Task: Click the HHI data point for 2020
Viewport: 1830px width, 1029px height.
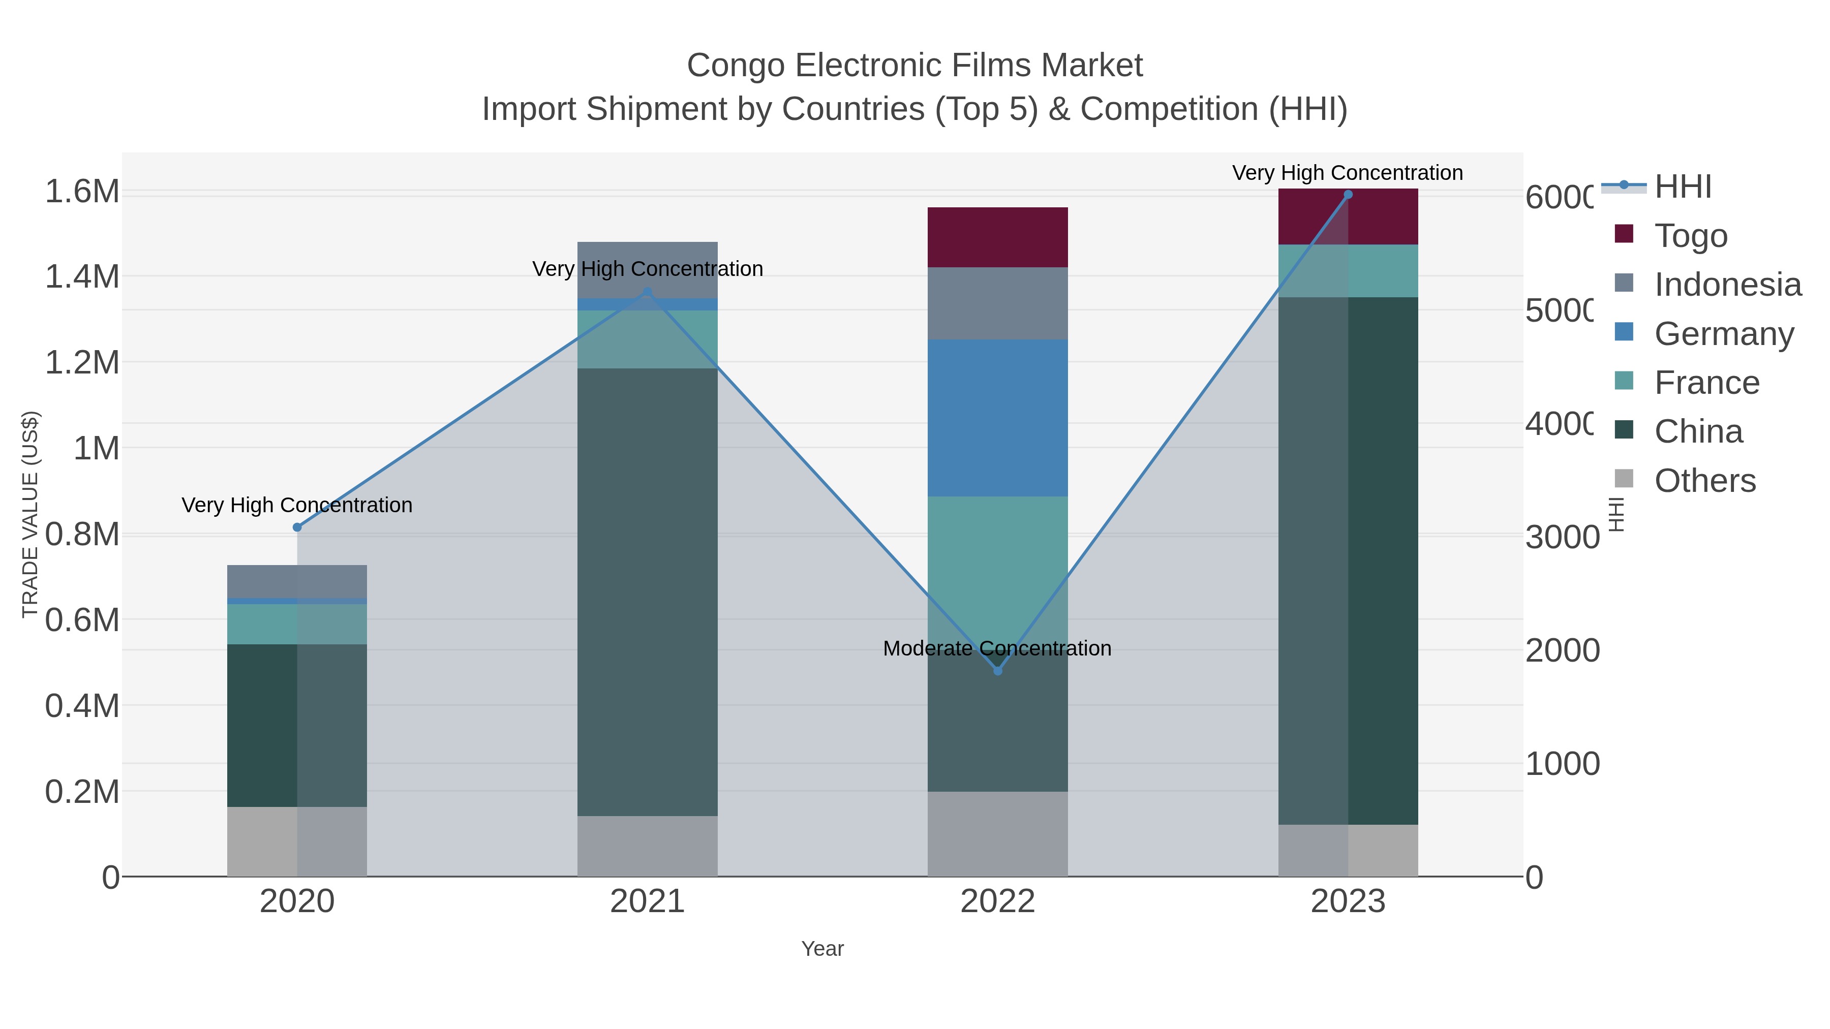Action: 297,527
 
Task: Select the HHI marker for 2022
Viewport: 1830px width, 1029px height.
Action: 997,670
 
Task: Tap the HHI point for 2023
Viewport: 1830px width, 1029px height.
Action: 1348,195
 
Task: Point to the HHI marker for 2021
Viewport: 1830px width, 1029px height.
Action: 647,292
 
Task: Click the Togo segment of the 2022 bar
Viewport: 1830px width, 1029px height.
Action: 997,237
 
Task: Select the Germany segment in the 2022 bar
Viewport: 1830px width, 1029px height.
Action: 997,418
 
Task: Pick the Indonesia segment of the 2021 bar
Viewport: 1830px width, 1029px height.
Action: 647,270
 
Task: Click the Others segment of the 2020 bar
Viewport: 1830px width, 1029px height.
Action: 297,841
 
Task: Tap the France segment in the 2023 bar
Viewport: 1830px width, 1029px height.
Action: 1348,270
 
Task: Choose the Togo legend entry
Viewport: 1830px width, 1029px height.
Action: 1690,236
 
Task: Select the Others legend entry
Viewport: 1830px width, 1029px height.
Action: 1704,481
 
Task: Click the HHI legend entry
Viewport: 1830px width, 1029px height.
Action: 1682,187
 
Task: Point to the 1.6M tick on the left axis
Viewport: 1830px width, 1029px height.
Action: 82,191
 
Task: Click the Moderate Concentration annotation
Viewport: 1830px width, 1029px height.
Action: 997,648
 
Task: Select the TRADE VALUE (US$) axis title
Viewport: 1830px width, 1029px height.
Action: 30,514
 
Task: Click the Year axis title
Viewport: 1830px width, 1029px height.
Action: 822,949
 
